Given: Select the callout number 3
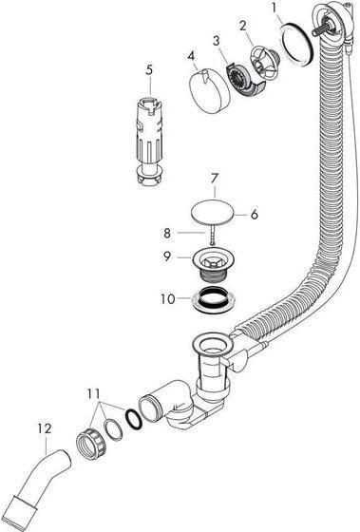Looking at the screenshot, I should click(217, 43).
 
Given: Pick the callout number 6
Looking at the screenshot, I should click(255, 215).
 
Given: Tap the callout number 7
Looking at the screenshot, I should click(215, 179).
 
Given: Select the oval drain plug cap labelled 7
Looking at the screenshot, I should click(215, 211).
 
